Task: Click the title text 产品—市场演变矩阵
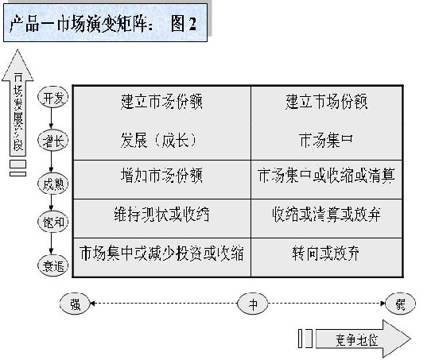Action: click(80, 24)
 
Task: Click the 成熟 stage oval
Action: click(53, 181)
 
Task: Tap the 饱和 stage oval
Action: click(53, 223)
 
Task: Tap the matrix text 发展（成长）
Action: click(160, 140)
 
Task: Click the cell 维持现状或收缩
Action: click(161, 214)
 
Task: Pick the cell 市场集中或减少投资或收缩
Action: click(161, 255)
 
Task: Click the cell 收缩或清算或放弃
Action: click(326, 214)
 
